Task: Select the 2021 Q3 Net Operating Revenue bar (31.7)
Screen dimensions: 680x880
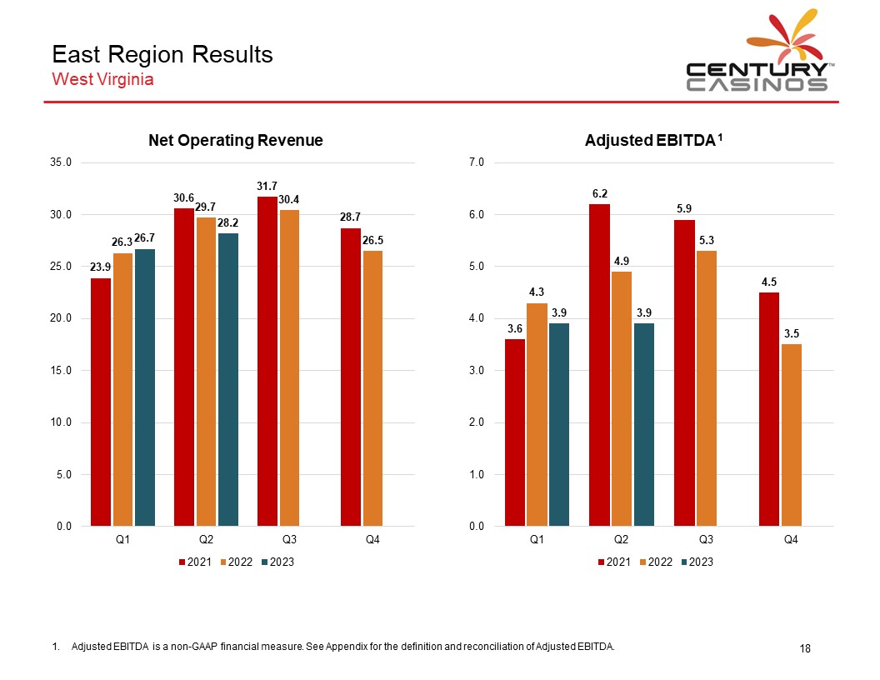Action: pos(267,361)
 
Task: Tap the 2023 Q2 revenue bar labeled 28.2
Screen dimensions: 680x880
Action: pos(228,379)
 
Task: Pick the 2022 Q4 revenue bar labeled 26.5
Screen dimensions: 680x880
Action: pos(373,387)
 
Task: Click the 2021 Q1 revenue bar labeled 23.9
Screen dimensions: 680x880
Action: pos(101,402)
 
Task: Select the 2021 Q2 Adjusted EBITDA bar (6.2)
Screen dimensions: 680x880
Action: pos(599,365)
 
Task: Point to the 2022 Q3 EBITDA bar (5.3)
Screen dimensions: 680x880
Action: pos(707,388)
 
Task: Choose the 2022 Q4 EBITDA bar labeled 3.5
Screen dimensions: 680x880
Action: pos(791,435)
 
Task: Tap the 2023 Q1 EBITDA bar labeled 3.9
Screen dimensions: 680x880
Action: pos(559,424)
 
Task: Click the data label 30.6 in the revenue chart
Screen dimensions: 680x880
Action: pos(184,198)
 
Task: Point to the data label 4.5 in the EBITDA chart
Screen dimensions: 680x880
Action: pos(769,282)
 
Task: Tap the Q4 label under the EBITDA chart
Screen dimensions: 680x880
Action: pos(791,540)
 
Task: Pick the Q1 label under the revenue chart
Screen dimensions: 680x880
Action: pos(122,540)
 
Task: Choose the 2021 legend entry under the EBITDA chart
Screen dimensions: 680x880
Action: pos(613,562)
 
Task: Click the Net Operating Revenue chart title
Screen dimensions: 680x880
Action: pos(235,141)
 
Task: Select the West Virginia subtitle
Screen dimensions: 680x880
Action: pos(102,80)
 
